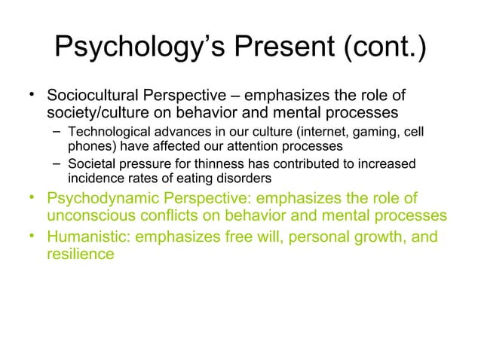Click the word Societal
[92, 165]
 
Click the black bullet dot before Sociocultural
[33, 94]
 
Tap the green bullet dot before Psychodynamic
[33, 197]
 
